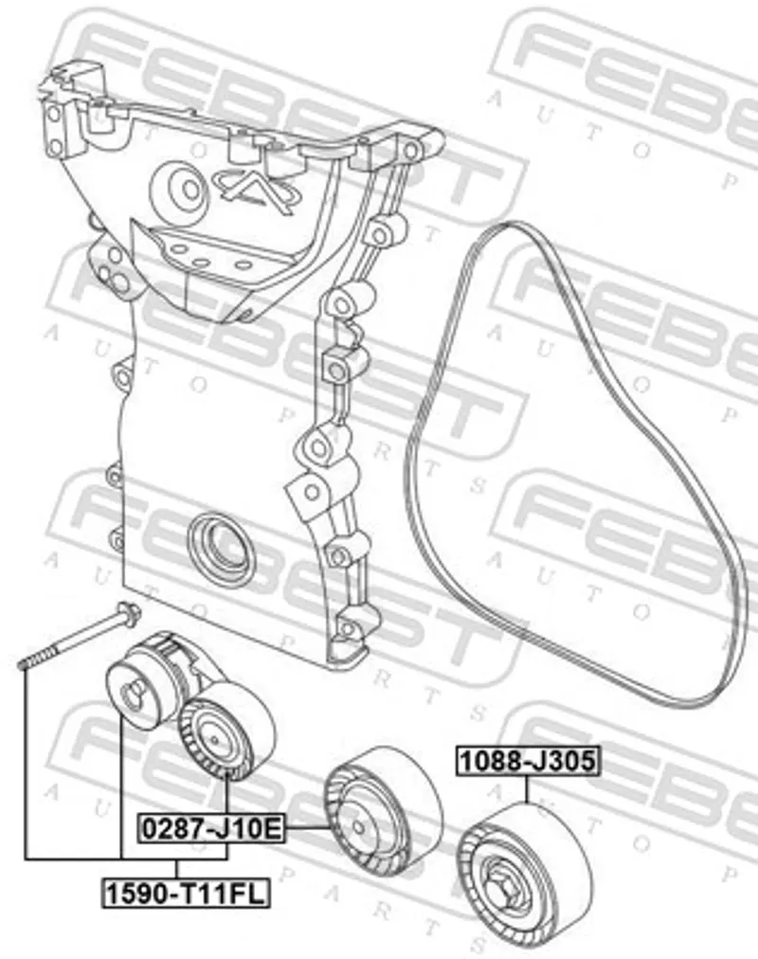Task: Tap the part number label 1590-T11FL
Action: (x=186, y=895)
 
